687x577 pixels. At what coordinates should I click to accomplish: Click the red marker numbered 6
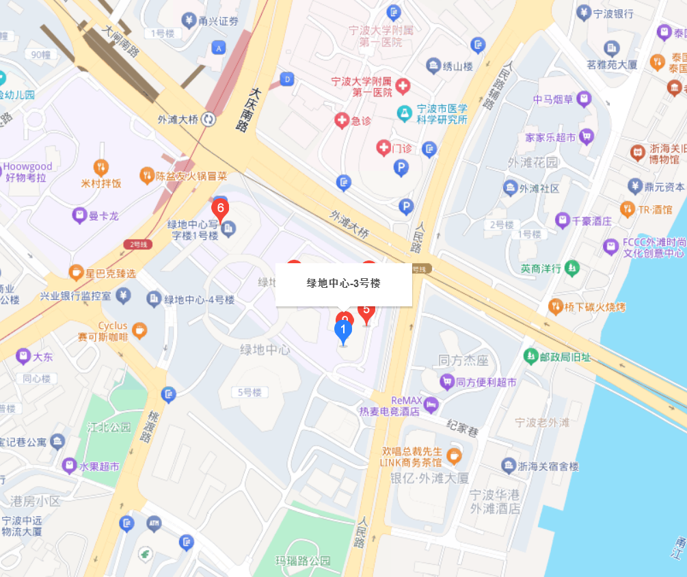tap(220, 208)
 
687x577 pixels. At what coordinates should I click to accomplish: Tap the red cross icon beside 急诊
tap(341, 121)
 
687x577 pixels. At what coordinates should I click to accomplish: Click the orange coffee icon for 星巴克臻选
tap(76, 273)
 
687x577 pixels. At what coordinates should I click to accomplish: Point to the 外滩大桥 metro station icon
tap(209, 119)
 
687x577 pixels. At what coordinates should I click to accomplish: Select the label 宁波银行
tap(613, 13)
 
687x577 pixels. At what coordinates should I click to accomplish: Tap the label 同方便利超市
tap(486, 382)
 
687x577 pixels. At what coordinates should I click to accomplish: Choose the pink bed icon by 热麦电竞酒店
tap(431, 405)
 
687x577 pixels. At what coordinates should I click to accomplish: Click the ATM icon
tap(154, 524)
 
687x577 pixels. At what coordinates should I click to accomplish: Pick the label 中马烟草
tap(553, 99)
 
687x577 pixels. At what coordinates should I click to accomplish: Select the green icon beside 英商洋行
tap(572, 268)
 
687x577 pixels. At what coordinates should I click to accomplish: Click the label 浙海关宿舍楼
tap(548, 466)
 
